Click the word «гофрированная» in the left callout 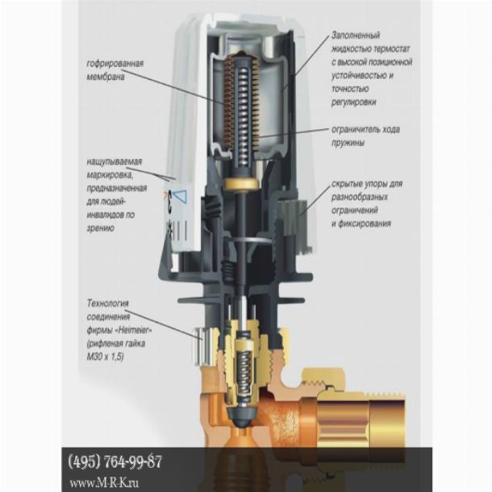[115, 64]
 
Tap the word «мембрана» [106, 77]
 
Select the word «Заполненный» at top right [356, 35]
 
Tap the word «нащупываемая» [115, 161]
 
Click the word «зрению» [100, 228]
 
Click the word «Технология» [107, 303]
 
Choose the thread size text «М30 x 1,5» [105, 357]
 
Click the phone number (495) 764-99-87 [115, 462]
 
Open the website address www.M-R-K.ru [104, 482]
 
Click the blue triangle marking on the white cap [180, 197]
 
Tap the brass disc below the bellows [241, 184]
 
